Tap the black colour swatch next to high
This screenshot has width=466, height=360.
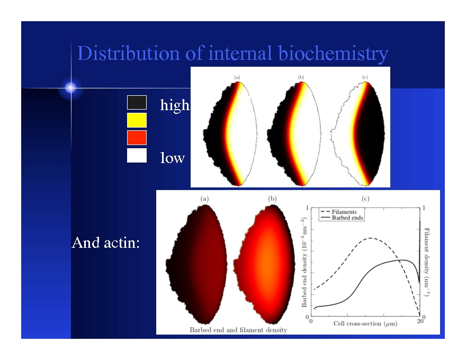137,103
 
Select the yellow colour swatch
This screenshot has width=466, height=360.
137,120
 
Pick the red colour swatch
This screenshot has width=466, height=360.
137,138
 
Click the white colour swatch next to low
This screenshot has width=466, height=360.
137,156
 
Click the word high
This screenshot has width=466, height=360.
174,105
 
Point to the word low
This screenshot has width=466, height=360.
173,158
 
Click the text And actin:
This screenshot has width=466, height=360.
105,243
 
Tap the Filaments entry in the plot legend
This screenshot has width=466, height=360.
344,212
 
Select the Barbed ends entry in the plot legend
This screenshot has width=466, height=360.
346,218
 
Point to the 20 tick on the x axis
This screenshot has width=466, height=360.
420,321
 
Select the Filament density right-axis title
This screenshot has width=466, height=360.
427,262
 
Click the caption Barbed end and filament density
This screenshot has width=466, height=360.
238,330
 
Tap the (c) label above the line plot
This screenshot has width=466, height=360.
365,199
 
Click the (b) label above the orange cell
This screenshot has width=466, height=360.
272,199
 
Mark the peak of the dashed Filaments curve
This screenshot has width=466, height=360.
372,238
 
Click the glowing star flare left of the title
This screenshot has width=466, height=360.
71,88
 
